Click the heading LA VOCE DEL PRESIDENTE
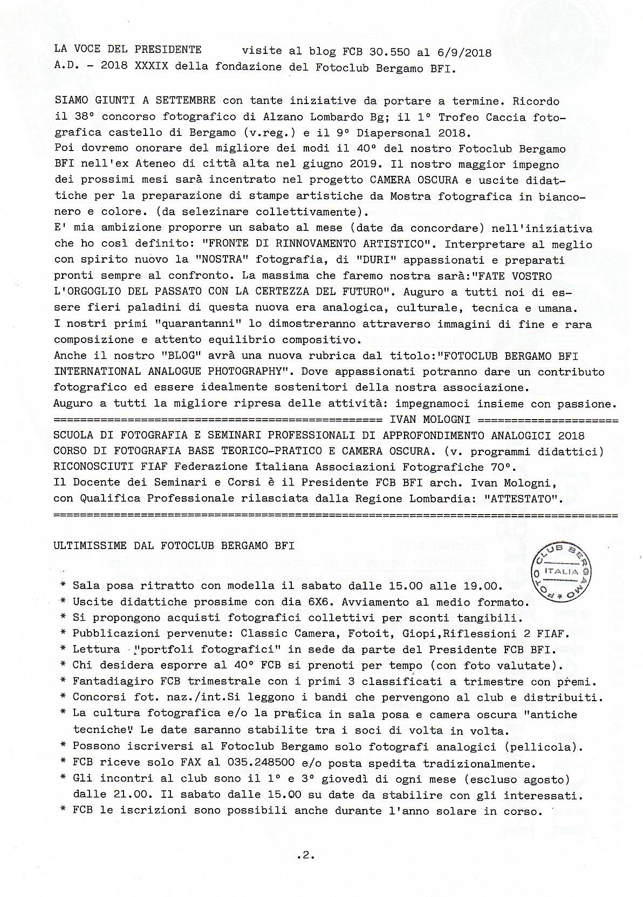pyautogui.click(x=127, y=50)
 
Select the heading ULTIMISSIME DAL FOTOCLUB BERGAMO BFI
pyautogui.click(x=174, y=545)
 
